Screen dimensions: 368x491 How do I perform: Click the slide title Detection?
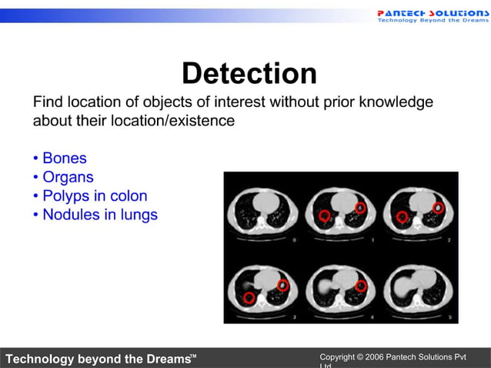(249, 74)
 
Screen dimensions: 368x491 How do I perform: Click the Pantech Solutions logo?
(433, 15)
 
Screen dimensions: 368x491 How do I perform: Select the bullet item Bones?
(64, 159)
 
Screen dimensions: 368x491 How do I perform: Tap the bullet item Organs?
(68, 177)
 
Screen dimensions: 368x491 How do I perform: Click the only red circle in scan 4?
(360, 286)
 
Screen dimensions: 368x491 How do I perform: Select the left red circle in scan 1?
(324, 216)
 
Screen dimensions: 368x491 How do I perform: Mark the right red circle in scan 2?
(438, 207)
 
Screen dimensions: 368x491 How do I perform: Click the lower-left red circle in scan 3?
(249, 297)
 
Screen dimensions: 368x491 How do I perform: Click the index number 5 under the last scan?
(448, 315)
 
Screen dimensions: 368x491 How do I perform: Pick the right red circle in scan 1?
(359, 207)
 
